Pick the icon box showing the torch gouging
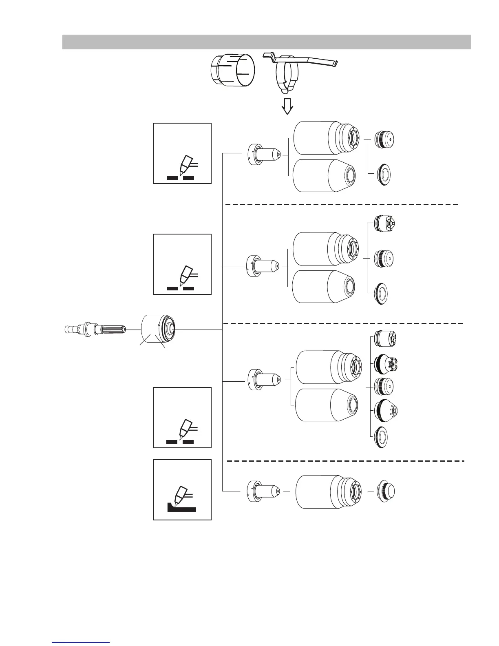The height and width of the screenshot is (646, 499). click(182, 489)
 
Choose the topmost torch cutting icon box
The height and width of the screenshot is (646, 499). click(182, 153)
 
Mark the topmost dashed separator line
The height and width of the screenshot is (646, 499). click(342, 204)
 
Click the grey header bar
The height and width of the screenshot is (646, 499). click(267, 42)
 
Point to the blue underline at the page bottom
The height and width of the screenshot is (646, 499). click(81, 642)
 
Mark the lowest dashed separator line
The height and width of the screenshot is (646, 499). click(346, 461)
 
